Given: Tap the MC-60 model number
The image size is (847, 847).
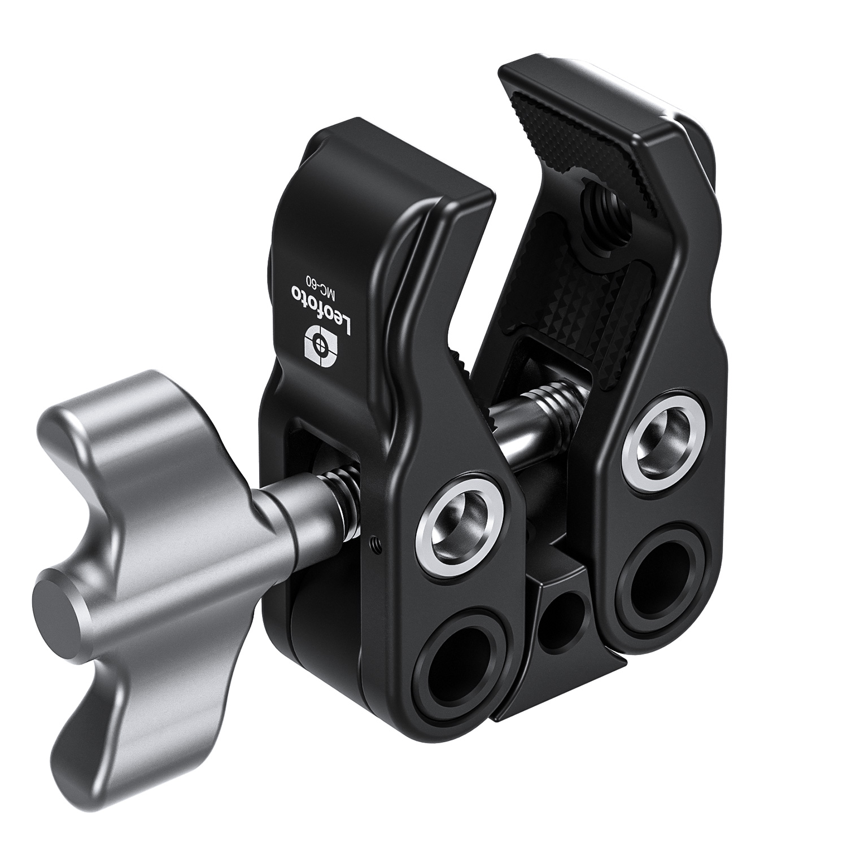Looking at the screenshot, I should point(318,294).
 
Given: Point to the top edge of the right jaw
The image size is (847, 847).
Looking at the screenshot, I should point(610,96).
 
